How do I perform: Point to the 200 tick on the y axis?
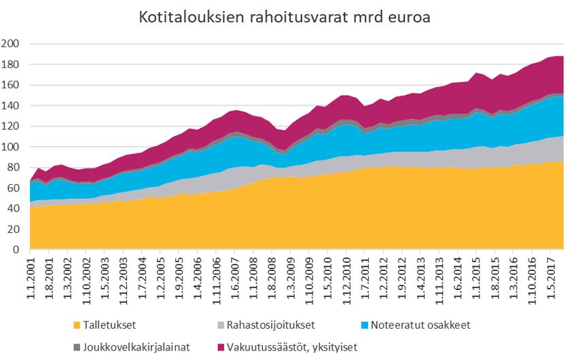click(x=11, y=44)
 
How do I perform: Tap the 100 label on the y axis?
click(x=11, y=147)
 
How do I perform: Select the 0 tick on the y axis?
click(x=16, y=250)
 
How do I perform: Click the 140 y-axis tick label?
click(x=11, y=106)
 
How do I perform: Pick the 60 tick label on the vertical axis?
click(x=14, y=188)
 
